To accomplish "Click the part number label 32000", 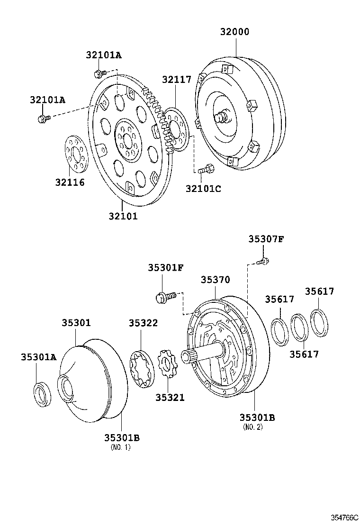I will [x=234, y=32].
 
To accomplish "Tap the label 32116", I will [x=70, y=182].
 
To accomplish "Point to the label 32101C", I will [x=203, y=188].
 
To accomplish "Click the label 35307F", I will [x=266, y=239].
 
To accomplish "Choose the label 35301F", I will [x=165, y=268].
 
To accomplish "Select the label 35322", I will [x=143, y=323].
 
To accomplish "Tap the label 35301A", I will [x=38, y=357].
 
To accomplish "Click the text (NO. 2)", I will [x=252, y=427].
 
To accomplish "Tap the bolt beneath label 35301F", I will [x=165, y=297].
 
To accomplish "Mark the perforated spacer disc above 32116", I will [x=76, y=153].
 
